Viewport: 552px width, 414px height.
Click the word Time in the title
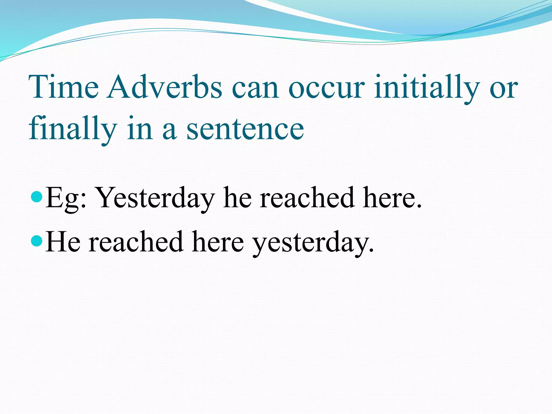(x=64, y=87)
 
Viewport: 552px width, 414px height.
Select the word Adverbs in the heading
(x=165, y=87)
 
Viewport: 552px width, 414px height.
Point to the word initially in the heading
(x=427, y=87)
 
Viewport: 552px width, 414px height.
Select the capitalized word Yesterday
(x=156, y=198)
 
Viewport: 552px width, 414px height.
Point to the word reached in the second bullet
(x=136, y=241)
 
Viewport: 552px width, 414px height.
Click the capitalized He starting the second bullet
(x=63, y=241)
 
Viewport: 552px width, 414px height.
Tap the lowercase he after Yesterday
(x=237, y=198)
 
